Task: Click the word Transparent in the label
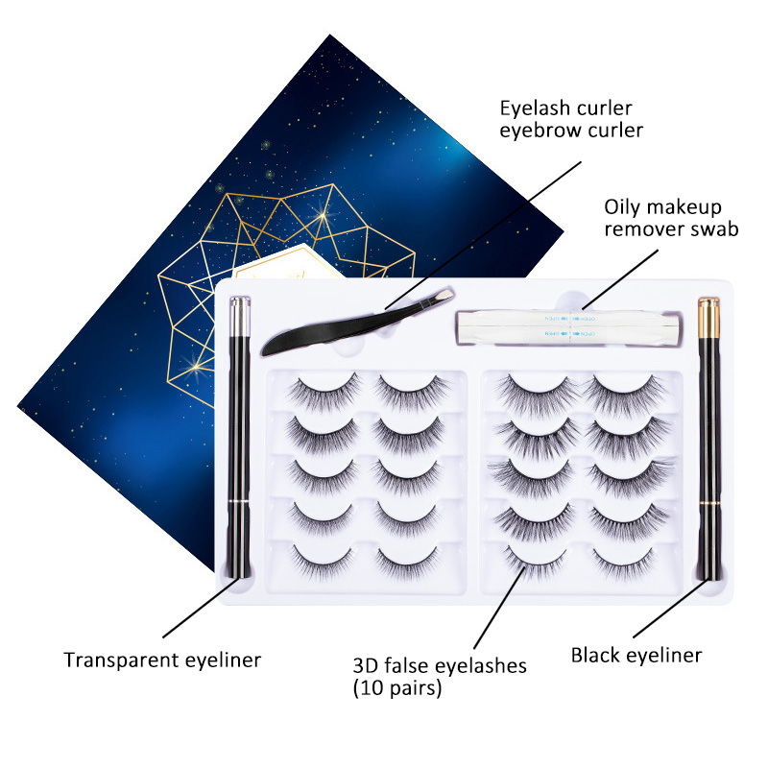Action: [120, 660]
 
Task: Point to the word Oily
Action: [622, 207]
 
